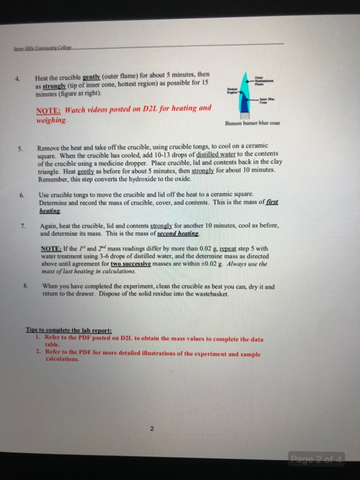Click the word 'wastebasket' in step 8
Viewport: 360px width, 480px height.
click(226, 296)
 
